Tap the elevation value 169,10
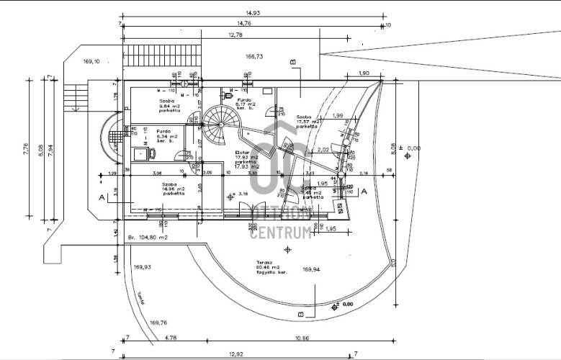tap(92, 61)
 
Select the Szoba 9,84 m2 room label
tap(170, 106)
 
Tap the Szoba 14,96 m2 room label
tap(173, 189)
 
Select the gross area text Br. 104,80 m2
tap(148, 237)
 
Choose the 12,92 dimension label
tap(235, 354)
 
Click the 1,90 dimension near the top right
tap(364, 73)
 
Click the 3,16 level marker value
tap(243, 194)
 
